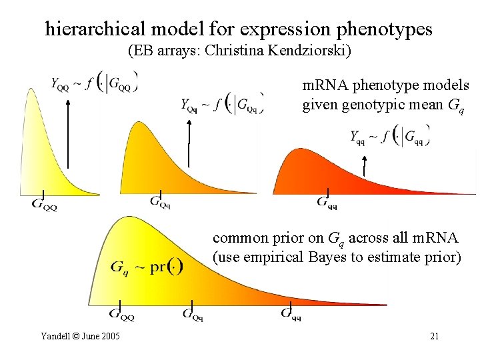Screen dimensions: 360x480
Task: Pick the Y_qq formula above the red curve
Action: (x=390, y=137)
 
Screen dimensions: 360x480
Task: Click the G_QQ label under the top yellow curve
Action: (x=45, y=204)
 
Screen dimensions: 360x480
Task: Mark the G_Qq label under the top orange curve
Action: (x=160, y=201)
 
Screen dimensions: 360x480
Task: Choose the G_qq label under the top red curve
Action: (x=327, y=202)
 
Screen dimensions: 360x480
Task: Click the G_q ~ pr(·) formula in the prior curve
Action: (x=147, y=267)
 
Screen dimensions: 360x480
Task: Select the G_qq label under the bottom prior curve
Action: (x=291, y=313)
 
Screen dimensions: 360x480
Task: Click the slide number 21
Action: (x=434, y=336)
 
